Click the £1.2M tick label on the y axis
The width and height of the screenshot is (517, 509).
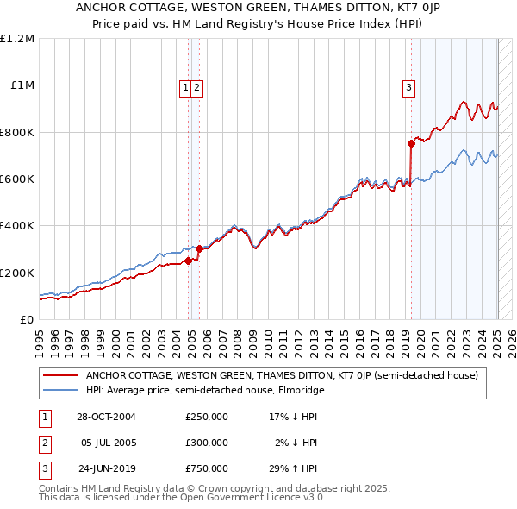17,38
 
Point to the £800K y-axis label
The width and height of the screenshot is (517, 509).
16,132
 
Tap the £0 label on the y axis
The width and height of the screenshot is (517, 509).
27,319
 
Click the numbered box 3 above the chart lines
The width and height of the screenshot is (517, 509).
408,86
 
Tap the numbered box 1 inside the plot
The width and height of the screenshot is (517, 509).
185,86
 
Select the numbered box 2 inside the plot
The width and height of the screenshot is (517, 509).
197,86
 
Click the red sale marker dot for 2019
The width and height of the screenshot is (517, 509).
411,144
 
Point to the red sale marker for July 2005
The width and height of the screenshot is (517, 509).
199,248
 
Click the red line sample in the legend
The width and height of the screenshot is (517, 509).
60,375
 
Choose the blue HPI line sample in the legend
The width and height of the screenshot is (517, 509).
60,390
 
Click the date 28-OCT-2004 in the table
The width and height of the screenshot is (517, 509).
107,417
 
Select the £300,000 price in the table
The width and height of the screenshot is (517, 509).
207,443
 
